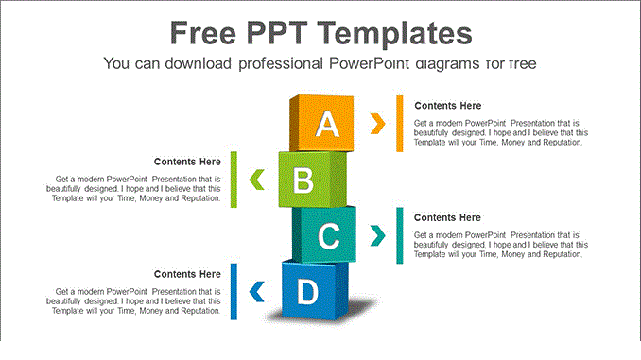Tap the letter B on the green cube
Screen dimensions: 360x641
(x=303, y=180)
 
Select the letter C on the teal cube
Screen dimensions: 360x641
(x=328, y=236)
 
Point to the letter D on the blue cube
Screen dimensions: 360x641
(x=307, y=293)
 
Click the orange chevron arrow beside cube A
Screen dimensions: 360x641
(x=378, y=123)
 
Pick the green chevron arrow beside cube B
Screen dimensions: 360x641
(x=255, y=178)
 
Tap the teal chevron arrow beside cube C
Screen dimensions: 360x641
(x=378, y=234)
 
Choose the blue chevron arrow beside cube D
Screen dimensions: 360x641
(x=255, y=291)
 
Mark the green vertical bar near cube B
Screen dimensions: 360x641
(x=234, y=179)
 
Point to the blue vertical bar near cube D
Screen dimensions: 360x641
(x=234, y=291)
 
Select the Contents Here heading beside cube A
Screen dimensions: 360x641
(x=447, y=106)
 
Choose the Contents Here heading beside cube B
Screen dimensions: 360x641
(x=187, y=162)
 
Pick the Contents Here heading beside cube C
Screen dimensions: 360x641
(x=447, y=217)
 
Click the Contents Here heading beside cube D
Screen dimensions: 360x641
(x=187, y=274)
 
